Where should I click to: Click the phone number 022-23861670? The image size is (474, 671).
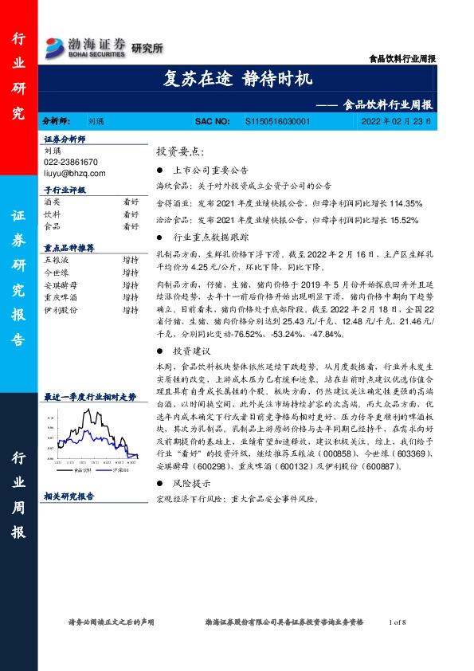[71, 161]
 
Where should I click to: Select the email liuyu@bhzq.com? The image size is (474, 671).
[74, 171]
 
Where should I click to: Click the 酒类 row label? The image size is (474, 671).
[52, 202]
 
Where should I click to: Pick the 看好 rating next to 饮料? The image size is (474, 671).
[130, 214]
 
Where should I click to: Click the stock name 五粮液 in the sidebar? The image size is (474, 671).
[57, 260]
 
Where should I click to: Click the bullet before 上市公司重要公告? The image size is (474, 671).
[160, 171]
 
